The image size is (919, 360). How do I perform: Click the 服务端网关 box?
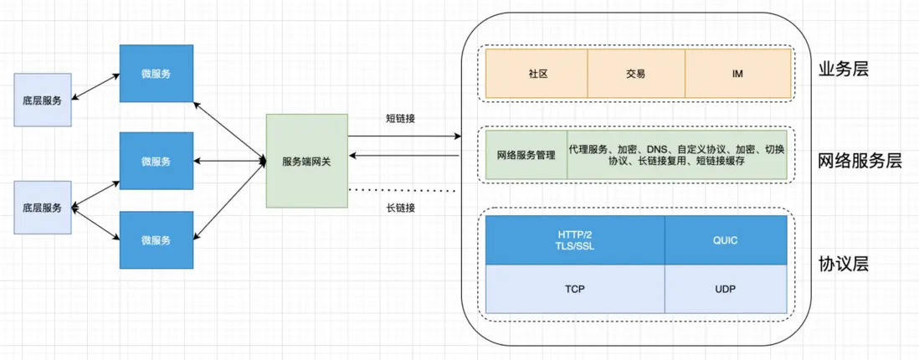point(306,161)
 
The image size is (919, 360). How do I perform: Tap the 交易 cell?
point(635,74)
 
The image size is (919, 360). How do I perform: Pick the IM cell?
point(737,74)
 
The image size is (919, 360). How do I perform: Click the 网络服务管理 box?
point(526,155)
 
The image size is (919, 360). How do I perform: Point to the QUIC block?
point(726,240)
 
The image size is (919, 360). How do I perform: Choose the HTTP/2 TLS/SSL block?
point(575,240)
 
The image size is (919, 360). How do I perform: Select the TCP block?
point(575,289)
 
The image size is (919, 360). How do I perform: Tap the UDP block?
point(726,289)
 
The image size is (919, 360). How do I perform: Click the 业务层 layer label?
point(843,69)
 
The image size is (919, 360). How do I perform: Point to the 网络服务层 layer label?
point(860,161)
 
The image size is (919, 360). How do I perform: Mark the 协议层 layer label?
point(843,265)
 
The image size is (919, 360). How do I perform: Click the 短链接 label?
point(401,118)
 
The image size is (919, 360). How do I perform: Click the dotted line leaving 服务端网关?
point(402,190)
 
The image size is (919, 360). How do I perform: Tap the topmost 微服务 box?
point(156,74)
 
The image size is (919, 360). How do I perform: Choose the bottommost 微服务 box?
point(156,240)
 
